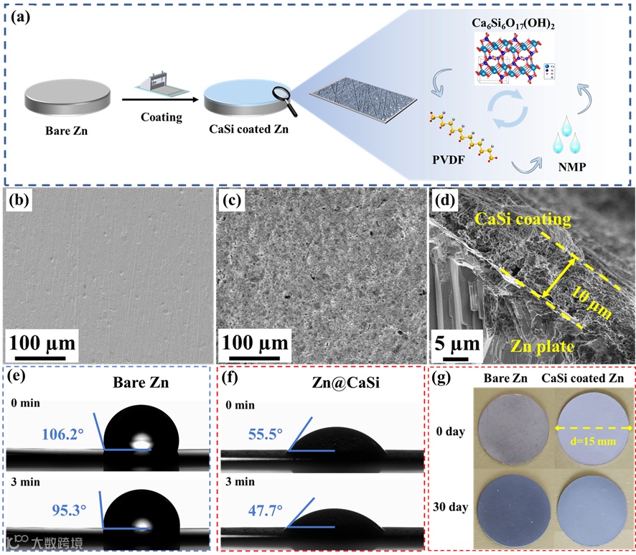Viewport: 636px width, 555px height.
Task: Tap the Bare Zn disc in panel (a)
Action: coord(69,101)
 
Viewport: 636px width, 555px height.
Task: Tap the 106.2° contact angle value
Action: coord(62,434)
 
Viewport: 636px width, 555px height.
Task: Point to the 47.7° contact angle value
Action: coord(265,511)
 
